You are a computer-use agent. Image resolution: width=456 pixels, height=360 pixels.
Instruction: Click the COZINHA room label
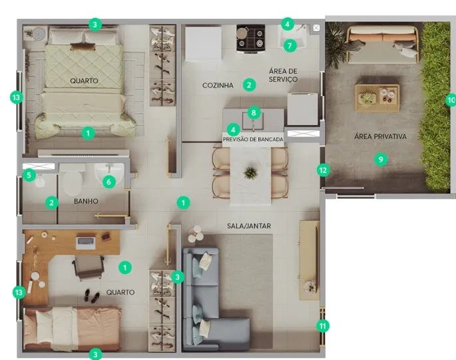point(218,85)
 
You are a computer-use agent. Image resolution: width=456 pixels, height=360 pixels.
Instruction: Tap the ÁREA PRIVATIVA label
point(380,136)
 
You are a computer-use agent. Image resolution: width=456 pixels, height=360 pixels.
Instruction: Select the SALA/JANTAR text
point(249,226)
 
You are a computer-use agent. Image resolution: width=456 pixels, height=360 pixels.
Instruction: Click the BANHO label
point(86,201)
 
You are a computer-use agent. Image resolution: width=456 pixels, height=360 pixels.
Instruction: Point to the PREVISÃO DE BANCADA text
point(253,139)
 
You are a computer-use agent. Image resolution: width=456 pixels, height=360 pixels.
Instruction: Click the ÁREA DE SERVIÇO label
point(283,75)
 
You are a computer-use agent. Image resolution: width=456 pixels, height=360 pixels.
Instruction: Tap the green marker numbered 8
point(254,112)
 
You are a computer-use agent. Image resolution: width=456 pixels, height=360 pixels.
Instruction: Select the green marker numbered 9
point(381,159)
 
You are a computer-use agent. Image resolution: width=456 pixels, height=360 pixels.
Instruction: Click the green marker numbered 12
point(323,170)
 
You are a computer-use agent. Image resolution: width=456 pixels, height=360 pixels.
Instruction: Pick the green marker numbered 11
point(323,326)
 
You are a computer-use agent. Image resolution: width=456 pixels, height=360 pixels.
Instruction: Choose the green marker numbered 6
point(109,182)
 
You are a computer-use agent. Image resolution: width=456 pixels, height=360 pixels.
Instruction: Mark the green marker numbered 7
point(290,46)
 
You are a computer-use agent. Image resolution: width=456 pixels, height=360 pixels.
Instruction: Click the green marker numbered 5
point(29,175)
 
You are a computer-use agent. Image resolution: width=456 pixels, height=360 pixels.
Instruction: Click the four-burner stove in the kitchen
point(251,39)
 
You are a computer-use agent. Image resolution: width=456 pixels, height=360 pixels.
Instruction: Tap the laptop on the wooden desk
point(85,242)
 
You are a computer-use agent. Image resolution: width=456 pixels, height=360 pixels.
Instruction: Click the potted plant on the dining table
point(250,173)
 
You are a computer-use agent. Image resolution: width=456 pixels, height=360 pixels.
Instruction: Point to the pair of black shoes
point(92,296)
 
